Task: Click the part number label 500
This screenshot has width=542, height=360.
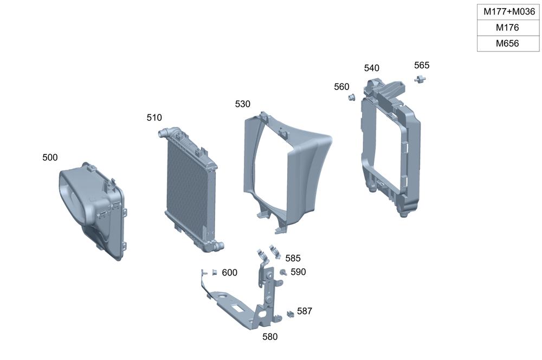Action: tap(50, 158)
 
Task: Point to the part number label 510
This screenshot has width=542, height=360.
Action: tap(154, 118)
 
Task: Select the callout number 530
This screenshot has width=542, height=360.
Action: tap(243, 104)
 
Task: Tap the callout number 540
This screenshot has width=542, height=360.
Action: tap(371, 68)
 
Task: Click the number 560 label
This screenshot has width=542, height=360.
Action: tap(341, 87)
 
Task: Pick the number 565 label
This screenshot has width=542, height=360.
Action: tap(422, 66)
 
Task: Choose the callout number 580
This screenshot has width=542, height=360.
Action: tap(270, 337)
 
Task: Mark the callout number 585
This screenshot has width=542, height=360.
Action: tap(293, 259)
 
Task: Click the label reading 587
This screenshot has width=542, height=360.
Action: tap(305, 311)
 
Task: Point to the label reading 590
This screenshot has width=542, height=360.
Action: tap(298, 272)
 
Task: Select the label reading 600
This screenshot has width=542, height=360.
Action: tap(229, 273)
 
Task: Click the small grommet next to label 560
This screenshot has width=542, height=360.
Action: tap(351, 98)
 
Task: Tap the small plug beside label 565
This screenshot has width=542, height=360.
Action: tap(420, 80)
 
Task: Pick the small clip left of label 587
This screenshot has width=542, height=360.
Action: tap(290, 313)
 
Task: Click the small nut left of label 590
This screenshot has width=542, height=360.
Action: tap(283, 272)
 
